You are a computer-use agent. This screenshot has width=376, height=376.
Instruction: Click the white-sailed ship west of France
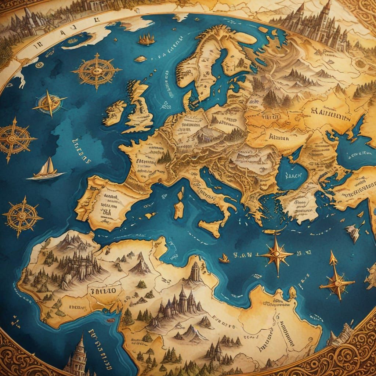click(x=46, y=170)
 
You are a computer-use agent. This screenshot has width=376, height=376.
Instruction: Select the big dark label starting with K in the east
click(x=330, y=112)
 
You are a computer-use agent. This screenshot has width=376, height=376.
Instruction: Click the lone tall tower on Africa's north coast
click(x=196, y=272)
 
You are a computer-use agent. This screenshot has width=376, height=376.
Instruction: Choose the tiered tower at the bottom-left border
click(x=77, y=355)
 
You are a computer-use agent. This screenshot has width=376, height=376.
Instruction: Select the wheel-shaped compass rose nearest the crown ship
click(x=97, y=71)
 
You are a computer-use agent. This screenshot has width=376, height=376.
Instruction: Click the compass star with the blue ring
click(x=49, y=102)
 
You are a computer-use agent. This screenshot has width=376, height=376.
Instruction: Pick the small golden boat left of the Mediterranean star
click(x=224, y=259)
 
